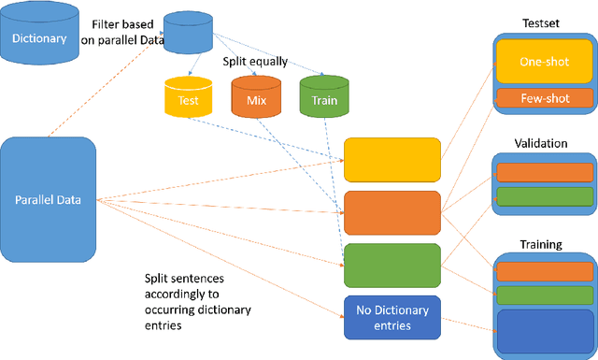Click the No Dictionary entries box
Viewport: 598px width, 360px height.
tap(392, 315)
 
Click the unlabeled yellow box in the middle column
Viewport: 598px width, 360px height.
tap(392, 159)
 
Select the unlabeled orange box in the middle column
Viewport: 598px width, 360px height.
tap(392, 211)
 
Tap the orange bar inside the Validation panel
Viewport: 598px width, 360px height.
tap(544, 172)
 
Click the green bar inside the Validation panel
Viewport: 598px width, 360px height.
tap(544, 195)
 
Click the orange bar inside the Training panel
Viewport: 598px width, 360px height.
tap(544, 271)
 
